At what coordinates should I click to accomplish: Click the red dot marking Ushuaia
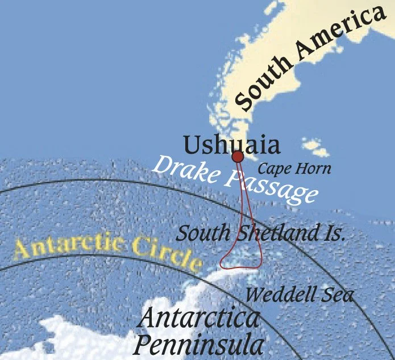coord(238,156)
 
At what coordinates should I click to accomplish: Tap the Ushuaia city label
coord(232,145)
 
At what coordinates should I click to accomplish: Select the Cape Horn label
coord(294,169)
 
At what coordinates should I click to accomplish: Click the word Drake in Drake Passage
coord(184,167)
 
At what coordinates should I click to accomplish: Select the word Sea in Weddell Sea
coord(339,295)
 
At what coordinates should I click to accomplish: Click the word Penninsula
coord(199,344)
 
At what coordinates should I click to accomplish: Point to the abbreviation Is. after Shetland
coord(335,233)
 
